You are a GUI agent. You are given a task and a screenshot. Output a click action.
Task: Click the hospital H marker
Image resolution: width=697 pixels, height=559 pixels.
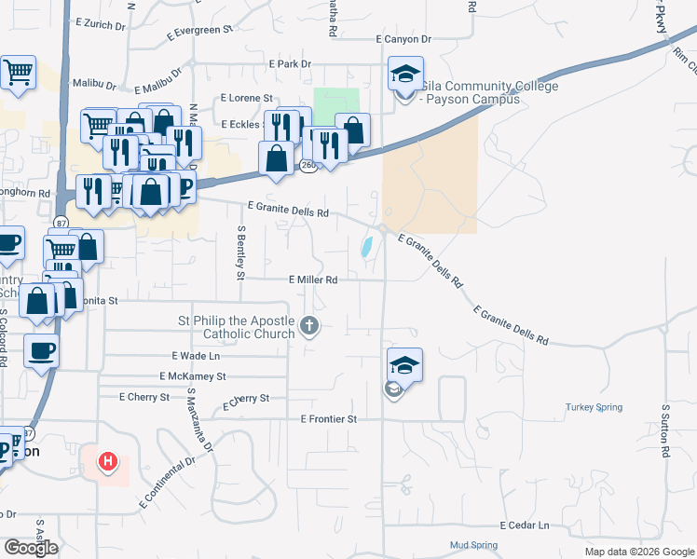coord(108,460)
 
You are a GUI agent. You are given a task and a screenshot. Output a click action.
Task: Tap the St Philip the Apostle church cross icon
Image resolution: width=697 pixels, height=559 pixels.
coord(309,326)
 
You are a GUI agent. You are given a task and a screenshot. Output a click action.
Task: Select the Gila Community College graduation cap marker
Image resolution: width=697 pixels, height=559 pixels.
coord(405,75)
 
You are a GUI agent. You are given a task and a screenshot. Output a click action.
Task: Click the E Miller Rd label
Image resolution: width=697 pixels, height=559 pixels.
coord(313,279)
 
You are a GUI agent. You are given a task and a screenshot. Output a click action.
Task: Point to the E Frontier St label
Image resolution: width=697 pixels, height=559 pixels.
coord(329,419)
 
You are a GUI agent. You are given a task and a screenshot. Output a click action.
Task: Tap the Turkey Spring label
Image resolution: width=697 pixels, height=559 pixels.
coord(591,407)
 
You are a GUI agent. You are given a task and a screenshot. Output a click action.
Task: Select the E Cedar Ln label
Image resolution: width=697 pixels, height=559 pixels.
coord(525,525)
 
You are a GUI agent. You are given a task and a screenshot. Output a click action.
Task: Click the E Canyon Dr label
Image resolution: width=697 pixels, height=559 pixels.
coord(403,39)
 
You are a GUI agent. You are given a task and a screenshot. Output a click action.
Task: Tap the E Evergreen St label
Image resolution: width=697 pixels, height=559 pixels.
coord(200,31)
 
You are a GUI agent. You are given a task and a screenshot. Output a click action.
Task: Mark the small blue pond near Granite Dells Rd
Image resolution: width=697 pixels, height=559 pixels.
coord(366,247)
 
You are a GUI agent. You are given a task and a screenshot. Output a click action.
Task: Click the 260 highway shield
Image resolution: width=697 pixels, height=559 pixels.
coord(308,166)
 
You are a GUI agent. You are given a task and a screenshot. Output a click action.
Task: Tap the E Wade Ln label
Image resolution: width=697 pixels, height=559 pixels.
coord(196,356)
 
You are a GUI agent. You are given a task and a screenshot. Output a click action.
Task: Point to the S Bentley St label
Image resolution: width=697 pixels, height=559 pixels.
coord(240,252)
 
